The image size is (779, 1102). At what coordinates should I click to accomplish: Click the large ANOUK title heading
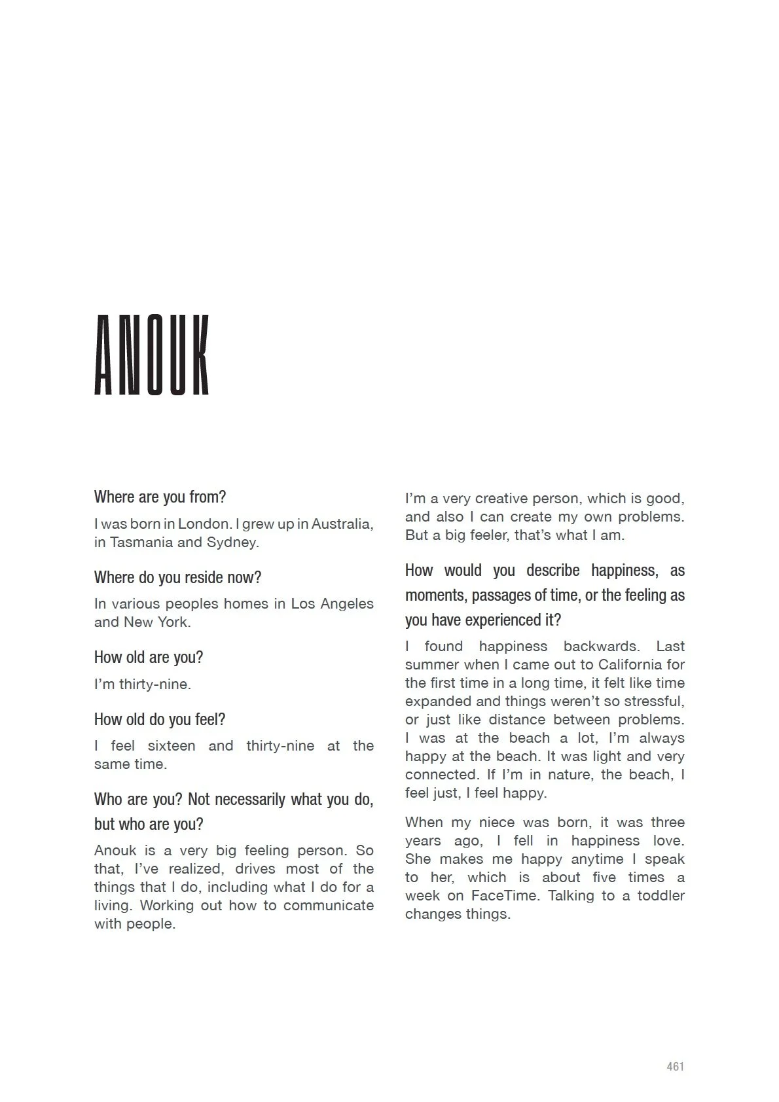(152, 355)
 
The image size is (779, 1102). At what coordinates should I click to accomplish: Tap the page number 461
(675, 1067)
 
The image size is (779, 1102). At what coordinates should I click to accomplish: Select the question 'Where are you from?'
(160, 497)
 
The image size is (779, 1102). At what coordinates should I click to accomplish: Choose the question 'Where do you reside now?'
(177, 578)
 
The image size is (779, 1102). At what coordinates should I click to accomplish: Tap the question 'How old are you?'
(149, 658)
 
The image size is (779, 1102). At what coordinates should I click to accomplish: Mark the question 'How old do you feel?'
(160, 720)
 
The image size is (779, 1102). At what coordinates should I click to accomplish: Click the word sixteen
(172, 746)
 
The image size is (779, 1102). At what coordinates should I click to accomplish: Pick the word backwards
(600, 647)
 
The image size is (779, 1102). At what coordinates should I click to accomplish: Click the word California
(628, 665)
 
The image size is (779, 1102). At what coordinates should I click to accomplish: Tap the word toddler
(661, 896)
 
